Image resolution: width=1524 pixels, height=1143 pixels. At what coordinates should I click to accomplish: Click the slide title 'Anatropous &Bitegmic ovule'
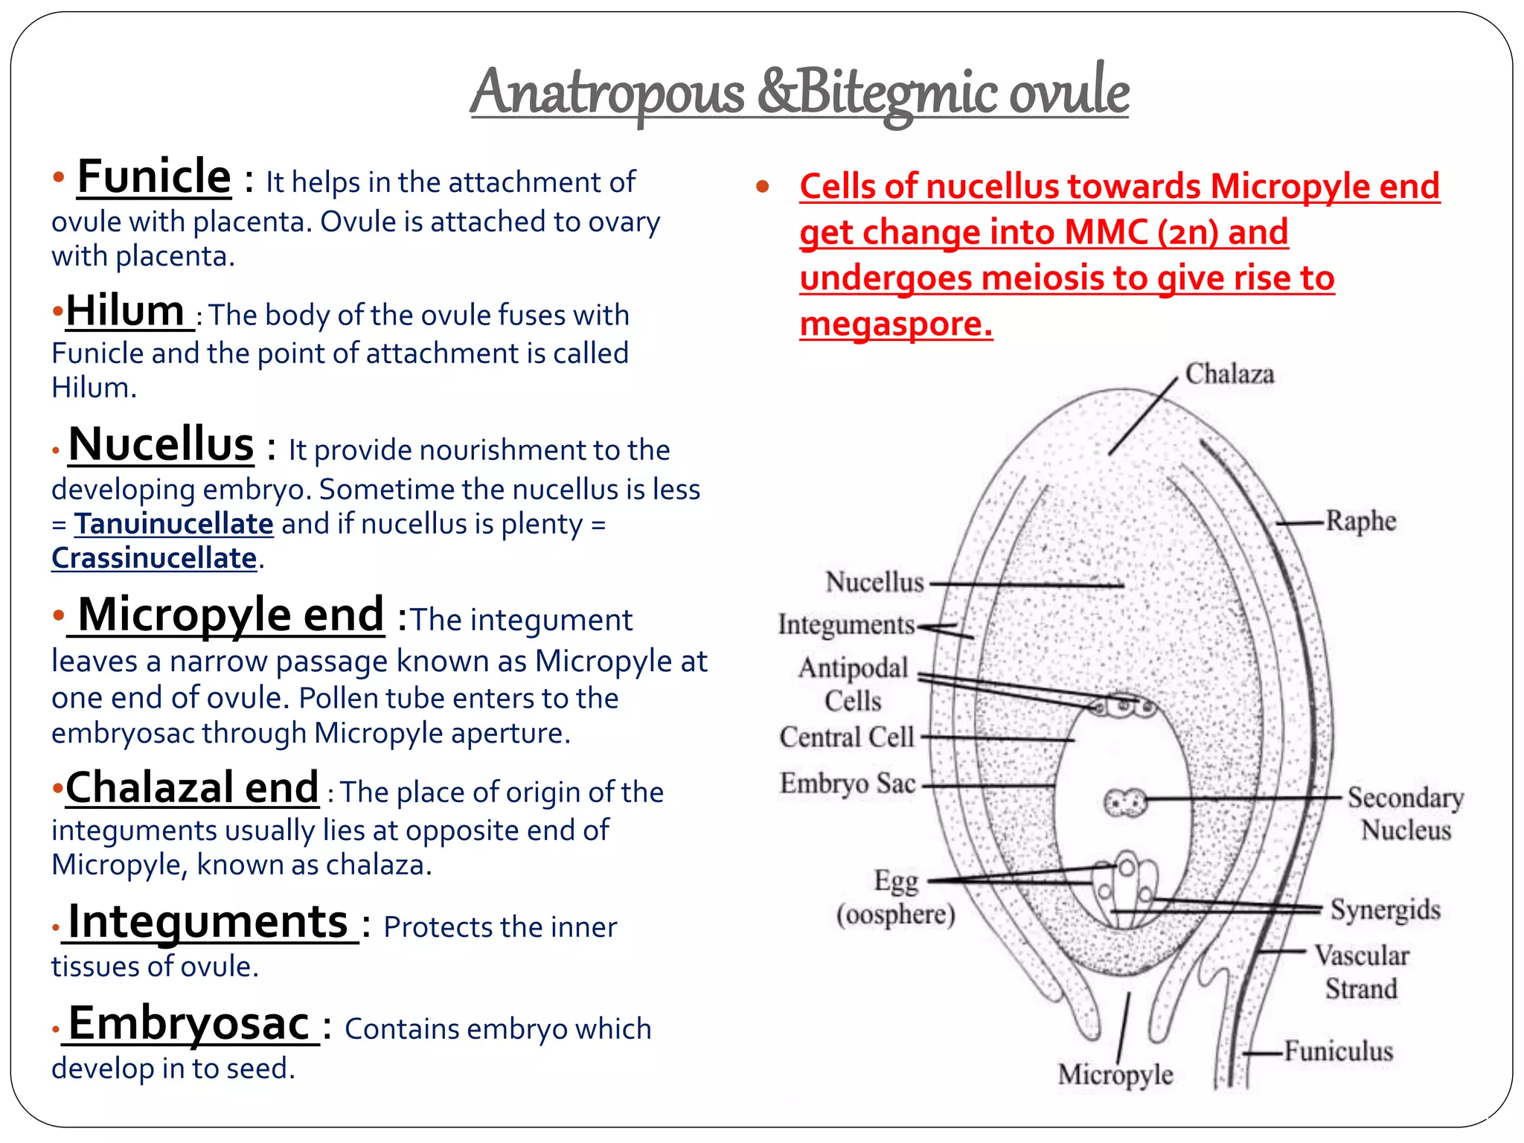(x=799, y=93)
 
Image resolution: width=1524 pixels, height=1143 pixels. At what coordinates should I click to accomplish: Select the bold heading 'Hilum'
(x=125, y=310)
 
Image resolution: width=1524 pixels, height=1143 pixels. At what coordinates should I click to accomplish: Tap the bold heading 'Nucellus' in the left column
(x=161, y=444)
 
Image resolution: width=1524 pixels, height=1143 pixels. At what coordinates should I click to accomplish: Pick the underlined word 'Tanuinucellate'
(x=173, y=524)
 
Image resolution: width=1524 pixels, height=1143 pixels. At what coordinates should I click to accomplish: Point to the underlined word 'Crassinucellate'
(x=154, y=558)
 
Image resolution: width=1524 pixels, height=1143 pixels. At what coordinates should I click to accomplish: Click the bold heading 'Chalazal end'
(x=192, y=787)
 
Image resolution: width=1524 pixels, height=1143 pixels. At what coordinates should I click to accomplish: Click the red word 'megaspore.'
(x=896, y=324)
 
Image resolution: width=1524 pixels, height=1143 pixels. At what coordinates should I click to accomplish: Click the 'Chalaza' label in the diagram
(x=1229, y=374)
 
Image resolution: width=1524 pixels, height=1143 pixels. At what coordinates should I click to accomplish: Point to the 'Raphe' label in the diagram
(x=1361, y=521)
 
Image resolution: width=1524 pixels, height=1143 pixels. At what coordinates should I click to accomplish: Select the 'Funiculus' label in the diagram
(x=1339, y=1051)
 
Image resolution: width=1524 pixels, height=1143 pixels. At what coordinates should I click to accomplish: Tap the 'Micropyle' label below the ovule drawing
(x=1115, y=1075)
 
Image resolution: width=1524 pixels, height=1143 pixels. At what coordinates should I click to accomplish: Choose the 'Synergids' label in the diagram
(x=1386, y=910)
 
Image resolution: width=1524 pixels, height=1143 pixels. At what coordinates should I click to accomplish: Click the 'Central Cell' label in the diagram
(x=847, y=737)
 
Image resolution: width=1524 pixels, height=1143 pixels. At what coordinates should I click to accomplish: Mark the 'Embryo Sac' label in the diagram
(x=848, y=783)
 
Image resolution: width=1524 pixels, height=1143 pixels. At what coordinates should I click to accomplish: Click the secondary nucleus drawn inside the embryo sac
(x=1124, y=803)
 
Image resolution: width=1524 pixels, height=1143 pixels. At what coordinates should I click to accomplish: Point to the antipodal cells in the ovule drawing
(x=1124, y=705)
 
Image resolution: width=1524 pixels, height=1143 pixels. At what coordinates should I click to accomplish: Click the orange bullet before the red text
(x=762, y=186)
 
